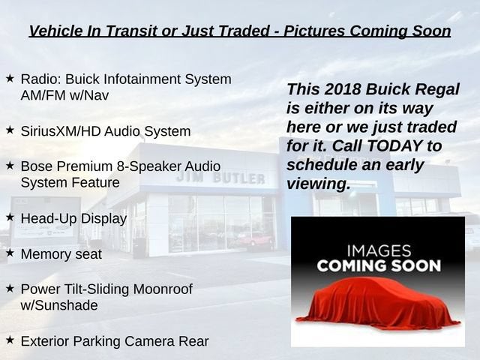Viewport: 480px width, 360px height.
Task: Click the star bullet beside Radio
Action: point(10,78)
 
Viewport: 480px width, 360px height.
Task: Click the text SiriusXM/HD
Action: point(60,131)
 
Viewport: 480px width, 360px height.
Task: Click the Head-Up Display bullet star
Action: point(10,217)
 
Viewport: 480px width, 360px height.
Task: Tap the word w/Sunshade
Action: point(59,305)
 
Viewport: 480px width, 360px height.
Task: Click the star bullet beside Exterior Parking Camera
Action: point(10,340)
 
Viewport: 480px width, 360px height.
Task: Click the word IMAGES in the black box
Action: point(379,251)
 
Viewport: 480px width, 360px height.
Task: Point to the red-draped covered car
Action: point(378,303)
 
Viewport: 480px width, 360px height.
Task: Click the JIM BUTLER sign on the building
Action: point(220,178)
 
